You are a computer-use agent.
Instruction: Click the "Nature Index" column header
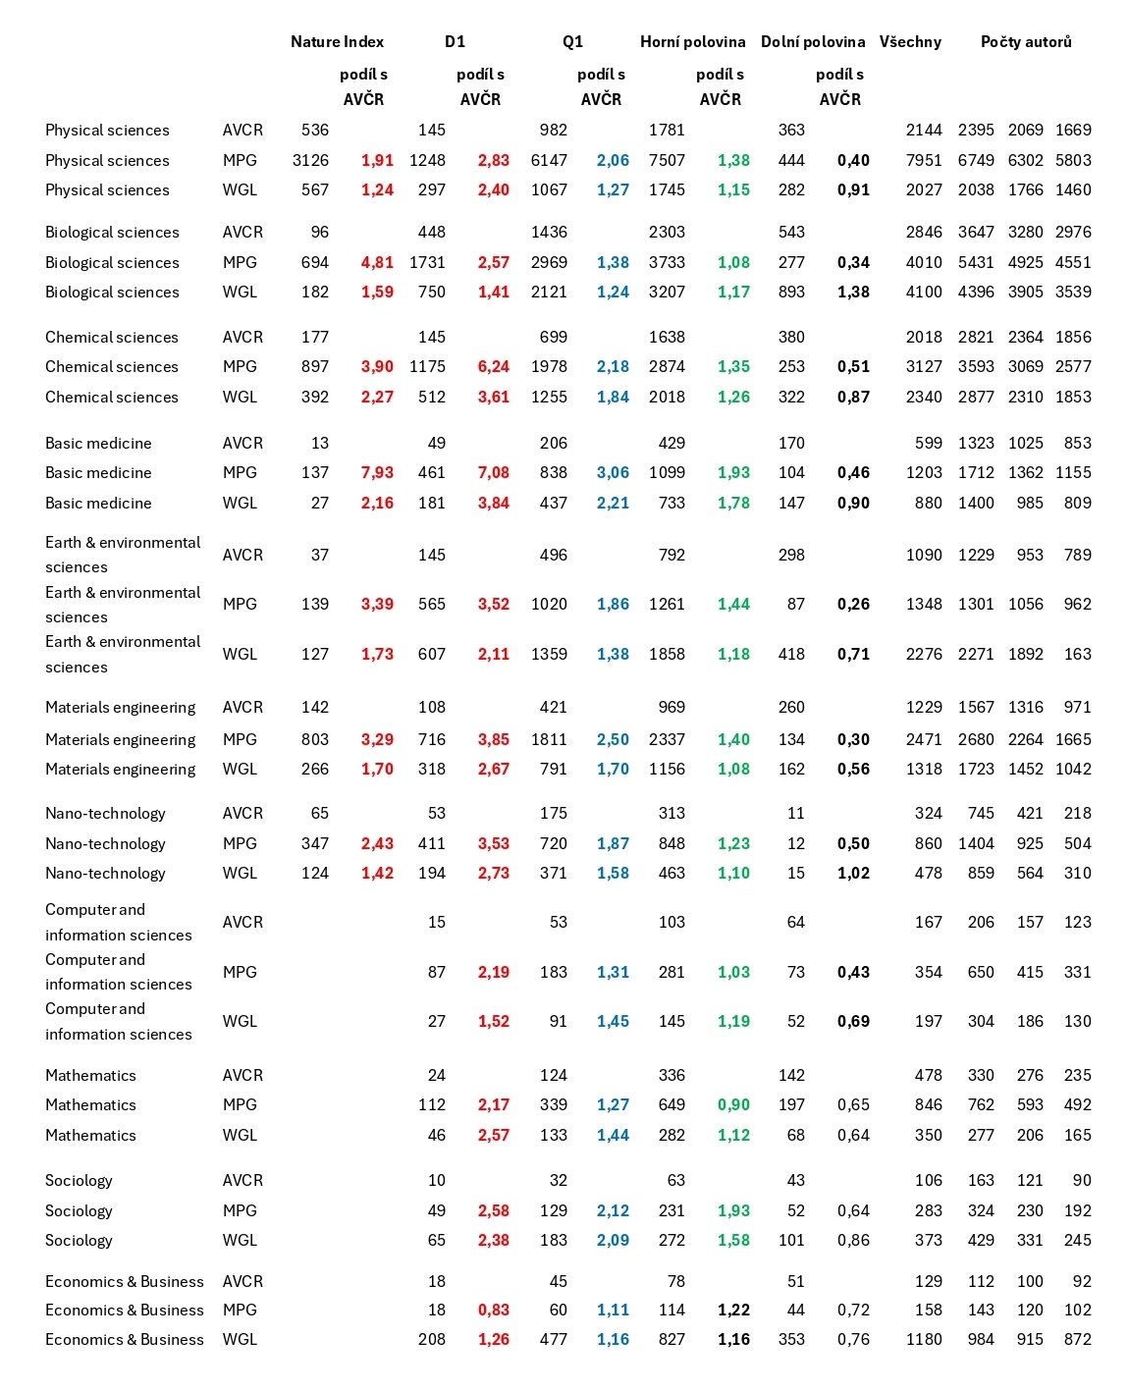[337, 41]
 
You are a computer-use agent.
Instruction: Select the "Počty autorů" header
[1026, 41]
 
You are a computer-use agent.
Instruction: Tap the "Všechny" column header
[910, 41]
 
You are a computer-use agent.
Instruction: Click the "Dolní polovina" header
[813, 41]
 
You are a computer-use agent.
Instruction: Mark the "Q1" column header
[572, 41]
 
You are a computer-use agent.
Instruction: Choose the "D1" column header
[455, 41]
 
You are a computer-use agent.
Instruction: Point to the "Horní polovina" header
[692, 41]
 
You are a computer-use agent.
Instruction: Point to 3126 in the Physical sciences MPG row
[310, 160]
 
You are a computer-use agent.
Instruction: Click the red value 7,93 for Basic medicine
[377, 472]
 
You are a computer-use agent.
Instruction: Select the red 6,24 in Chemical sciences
[493, 366]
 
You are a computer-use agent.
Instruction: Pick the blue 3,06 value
[613, 472]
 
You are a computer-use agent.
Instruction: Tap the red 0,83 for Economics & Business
[493, 1310]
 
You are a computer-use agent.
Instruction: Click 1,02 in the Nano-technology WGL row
[853, 873]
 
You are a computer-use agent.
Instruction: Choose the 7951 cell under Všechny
[924, 160]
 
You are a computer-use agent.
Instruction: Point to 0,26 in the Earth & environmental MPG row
[853, 604]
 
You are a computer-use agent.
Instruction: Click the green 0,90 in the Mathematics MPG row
[733, 1104]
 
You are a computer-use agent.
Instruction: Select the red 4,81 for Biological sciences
[377, 262]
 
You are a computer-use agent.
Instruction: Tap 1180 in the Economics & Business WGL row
[924, 1339]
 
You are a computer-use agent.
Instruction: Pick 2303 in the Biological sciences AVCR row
[667, 232]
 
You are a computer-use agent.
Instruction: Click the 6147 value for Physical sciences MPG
[549, 160]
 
